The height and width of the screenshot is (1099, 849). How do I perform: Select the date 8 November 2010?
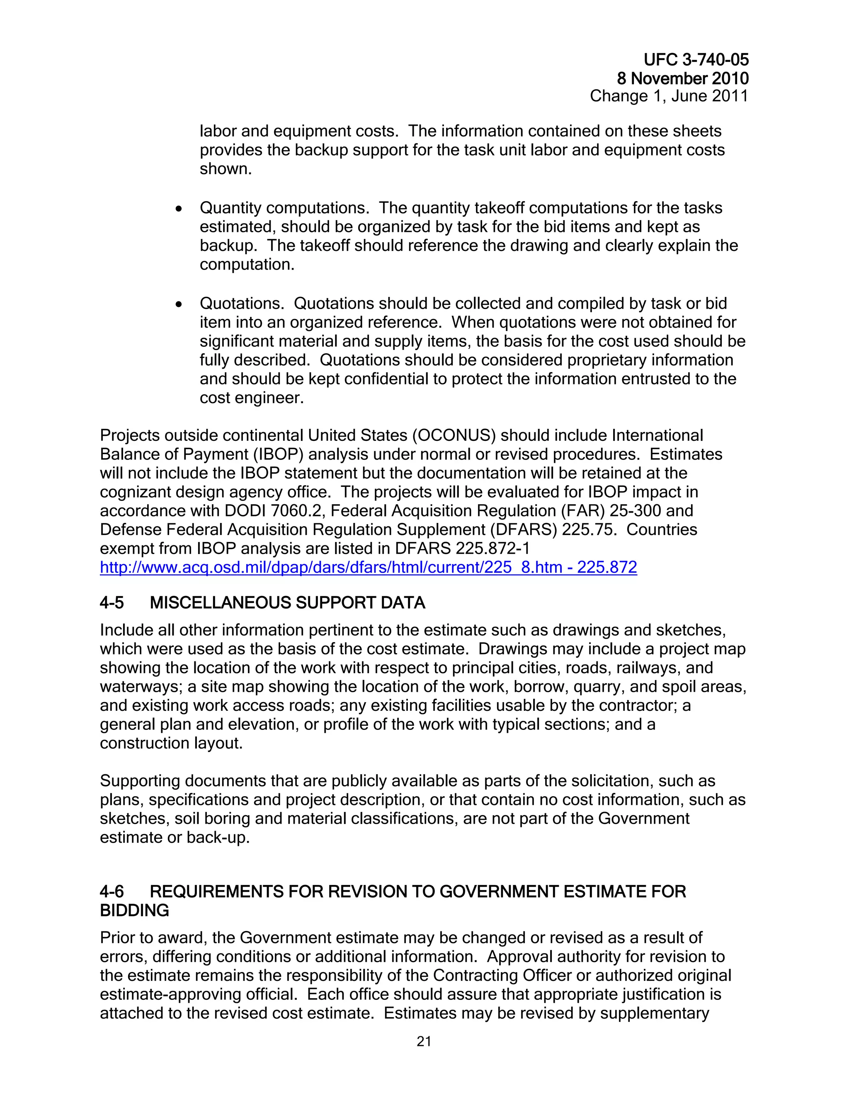682,78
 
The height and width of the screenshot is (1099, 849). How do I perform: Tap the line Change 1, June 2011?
669,96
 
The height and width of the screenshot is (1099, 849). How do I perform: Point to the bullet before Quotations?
179,304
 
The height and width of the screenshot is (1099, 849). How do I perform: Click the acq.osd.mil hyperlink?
368,568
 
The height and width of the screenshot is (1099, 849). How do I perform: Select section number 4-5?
112,603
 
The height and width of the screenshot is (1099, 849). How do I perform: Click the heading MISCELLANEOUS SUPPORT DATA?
287,603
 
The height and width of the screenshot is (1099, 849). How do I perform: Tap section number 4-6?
112,892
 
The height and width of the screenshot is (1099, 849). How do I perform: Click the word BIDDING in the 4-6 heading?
134,910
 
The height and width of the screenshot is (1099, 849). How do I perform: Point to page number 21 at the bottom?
424,1042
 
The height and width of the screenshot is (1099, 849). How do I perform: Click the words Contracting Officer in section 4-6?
502,976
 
